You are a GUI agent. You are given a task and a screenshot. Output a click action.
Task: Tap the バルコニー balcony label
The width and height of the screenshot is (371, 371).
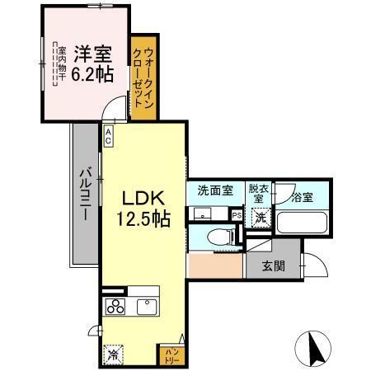click(84, 193)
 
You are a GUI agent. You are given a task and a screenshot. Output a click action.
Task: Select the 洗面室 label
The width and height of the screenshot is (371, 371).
click(214, 190)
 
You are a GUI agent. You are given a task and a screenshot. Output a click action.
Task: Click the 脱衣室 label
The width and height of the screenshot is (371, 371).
click(259, 193)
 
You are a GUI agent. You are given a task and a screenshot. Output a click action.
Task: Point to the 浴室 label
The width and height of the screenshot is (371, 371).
click(302, 197)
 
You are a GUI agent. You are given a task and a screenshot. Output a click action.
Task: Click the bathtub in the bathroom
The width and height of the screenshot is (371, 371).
click(302, 222)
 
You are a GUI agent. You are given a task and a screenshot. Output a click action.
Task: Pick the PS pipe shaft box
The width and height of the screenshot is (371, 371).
click(237, 216)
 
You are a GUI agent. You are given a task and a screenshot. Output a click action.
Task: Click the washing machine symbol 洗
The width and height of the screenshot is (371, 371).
click(261, 218)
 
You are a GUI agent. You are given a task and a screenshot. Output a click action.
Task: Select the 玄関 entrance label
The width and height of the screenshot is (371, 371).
click(274, 265)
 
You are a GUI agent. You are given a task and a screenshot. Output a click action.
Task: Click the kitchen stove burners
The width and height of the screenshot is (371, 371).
click(113, 308)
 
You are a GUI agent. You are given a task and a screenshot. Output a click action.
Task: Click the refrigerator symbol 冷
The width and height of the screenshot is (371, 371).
click(111, 356)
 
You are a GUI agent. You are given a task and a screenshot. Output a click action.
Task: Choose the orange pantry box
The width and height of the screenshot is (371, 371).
click(169, 355)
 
